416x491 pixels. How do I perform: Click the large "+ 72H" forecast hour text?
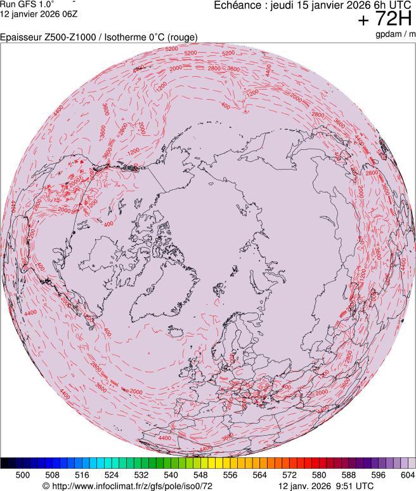click(385, 20)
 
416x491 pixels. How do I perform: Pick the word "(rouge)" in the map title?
click(182, 37)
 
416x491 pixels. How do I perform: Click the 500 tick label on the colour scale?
click(23, 474)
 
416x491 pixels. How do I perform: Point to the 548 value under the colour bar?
click(200, 474)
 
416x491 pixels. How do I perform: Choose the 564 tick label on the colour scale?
click(259, 474)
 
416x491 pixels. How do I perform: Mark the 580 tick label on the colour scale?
click(319, 474)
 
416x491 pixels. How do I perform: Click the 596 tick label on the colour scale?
click(378, 474)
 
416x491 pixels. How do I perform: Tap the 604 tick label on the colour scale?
click(406, 474)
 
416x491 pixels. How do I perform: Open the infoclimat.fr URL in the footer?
click(127, 486)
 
